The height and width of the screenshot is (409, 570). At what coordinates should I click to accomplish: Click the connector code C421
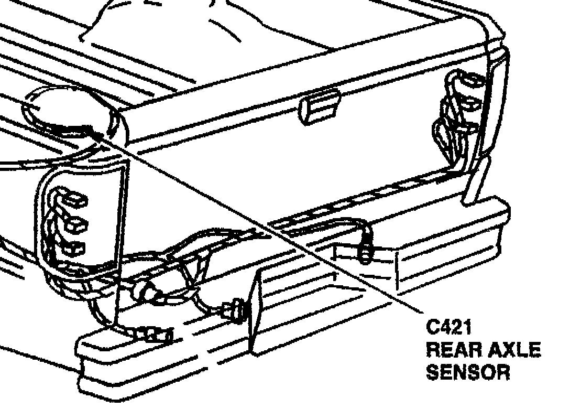click(450, 329)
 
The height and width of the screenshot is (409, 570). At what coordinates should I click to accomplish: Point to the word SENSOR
click(468, 372)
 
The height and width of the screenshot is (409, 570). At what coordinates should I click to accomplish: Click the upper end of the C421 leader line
click(100, 134)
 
